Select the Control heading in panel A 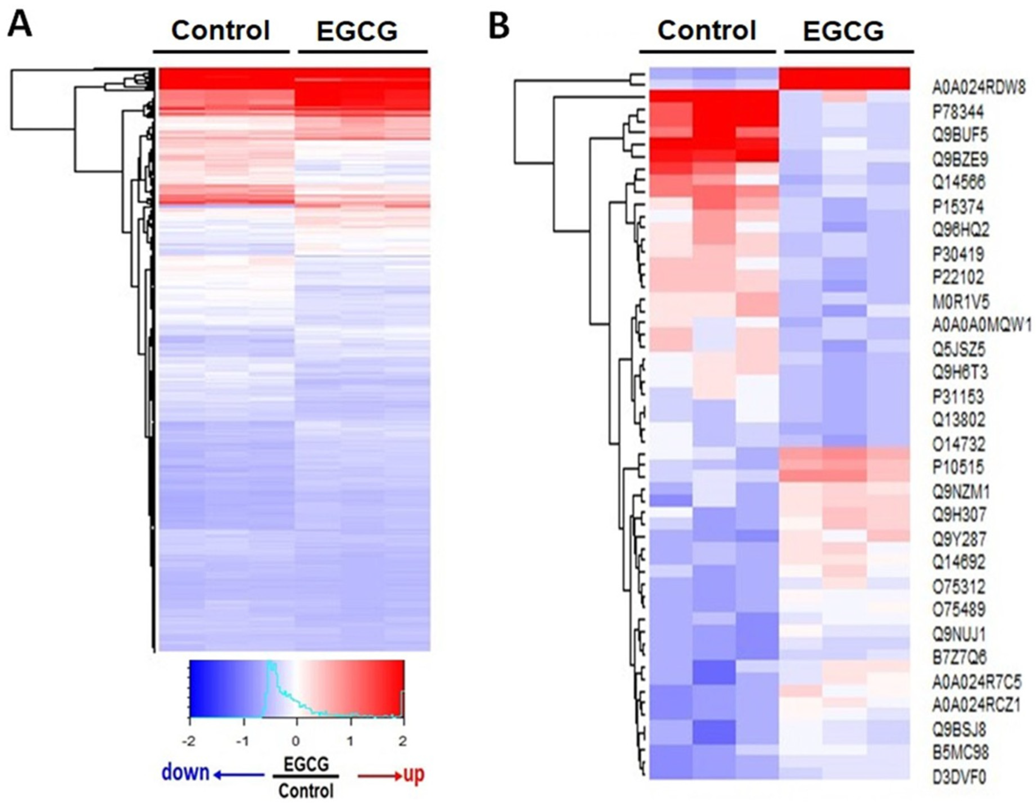coord(220,31)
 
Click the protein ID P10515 coord(958,467)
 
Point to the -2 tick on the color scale coord(190,741)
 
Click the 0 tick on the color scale coord(296,741)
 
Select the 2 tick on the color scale coord(403,741)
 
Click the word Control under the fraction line coord(306,791)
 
